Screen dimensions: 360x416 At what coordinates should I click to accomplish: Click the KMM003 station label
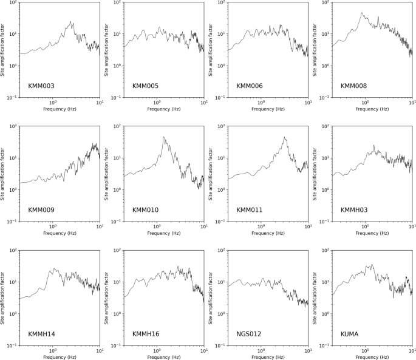tap(41, 86)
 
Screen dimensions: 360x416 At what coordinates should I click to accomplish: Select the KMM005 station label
tap(146, 86)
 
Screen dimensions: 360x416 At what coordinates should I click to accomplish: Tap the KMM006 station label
tap(250, 86)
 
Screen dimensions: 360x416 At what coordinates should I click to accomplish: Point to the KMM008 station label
tap(354, 86)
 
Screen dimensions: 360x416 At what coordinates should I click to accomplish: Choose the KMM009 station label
tap(41, 210)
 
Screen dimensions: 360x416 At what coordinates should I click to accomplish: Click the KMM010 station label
tap(146, 210)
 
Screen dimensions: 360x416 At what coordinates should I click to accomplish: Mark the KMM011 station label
tap(250, 210)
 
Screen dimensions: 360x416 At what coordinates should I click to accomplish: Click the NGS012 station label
tap(249, 335)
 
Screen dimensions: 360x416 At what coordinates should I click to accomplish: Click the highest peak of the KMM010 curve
tap(163, 137)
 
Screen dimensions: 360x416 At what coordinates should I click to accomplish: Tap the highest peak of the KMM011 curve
tap(284, 137)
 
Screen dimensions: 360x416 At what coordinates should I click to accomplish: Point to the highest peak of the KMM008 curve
tap(361, 13)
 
